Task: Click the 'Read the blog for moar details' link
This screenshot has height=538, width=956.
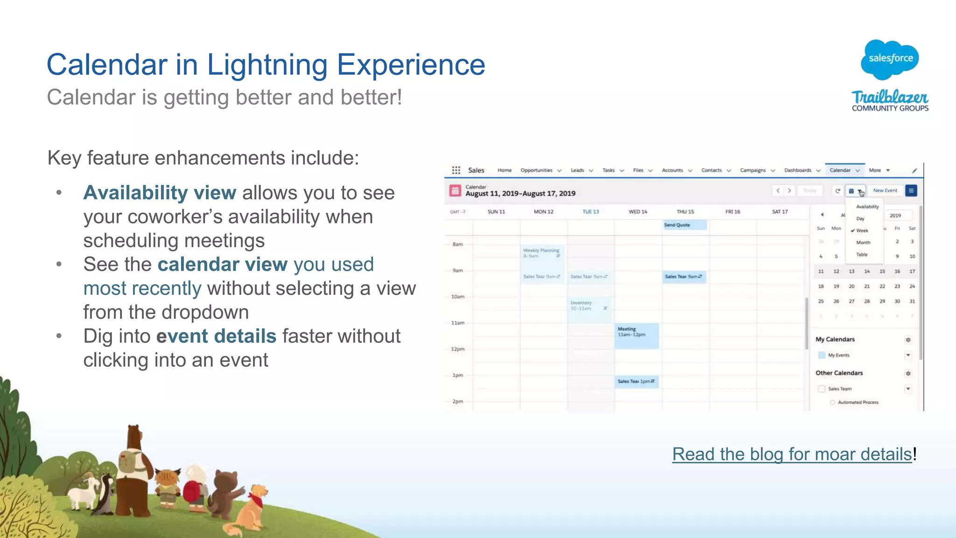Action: coord(792,454)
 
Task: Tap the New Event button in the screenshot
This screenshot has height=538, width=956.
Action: coord(885,190)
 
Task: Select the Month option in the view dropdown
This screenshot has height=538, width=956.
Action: coord(863,243)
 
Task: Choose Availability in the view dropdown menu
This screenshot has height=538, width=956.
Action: coord(867,207)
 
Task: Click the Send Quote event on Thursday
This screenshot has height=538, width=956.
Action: coord(684,225)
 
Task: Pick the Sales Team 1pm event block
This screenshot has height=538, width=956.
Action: coord(636,381)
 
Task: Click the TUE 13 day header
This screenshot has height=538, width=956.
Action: coord(590,212)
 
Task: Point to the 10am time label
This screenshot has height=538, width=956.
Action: coord(457,297)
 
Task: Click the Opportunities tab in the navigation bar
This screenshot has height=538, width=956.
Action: coord(536,170)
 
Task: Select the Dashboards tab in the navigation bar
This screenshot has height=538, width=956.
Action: coord(797,170)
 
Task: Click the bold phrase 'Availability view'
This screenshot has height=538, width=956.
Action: coord(160,193)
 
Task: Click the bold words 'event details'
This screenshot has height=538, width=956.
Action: coord(216,336)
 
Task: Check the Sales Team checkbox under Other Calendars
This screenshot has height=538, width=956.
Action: coord(822,389)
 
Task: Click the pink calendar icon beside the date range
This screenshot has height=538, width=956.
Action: coord(455,190)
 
